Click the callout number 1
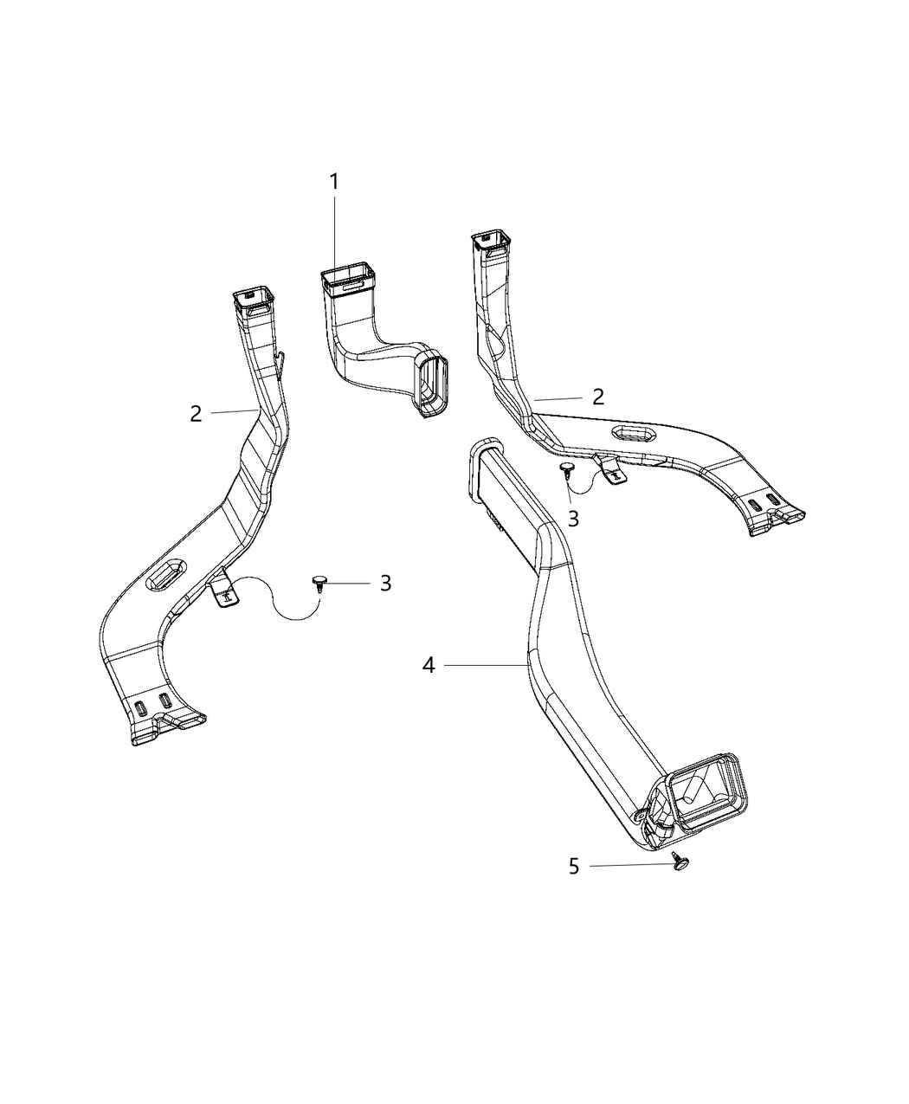[x=333, y=183]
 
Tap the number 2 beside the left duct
[x=197, y=414]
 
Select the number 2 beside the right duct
[x=597, y=397]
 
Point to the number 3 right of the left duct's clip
[x=385, y=583]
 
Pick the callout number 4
[x=429, y=665]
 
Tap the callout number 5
[x=574, y=866]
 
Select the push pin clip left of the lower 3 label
[x=319, y=581]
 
